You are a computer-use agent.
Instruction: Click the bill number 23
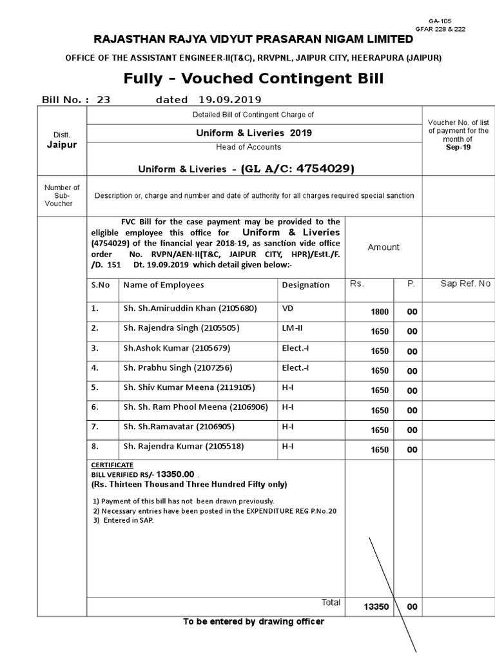click(104, 100)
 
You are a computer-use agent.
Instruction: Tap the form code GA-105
click(454, 21)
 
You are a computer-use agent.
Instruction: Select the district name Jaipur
click(61, 145)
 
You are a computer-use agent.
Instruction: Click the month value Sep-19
click(458, 147)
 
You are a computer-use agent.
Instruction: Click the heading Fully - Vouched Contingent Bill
click(253, 79)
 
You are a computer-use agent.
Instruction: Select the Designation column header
click(306, 285)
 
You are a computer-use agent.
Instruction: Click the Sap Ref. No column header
click(465, 284)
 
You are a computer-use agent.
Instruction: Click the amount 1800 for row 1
click(380, 312)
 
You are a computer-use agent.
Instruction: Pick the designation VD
click(287, 309)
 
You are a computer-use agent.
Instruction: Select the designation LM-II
click(292, 328)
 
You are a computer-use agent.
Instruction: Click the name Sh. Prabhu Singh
click(177, 368)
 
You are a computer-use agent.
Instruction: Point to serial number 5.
click(95, 387)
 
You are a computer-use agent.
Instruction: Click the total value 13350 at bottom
click(376, 607)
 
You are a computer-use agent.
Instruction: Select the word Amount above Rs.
click(383, 247)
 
